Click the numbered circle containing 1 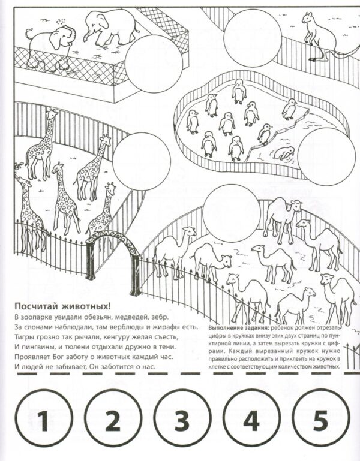(43, 419)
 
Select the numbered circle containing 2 (113, 419)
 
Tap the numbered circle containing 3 (182, 419)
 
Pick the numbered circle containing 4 (251, 419)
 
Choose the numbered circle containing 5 (320, 419)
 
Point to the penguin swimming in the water (284, 153)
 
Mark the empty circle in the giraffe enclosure (142, 161)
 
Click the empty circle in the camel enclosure (232, 213)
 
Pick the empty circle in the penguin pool (327, 156)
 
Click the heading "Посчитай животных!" (62, 306)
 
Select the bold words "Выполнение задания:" (238, 328)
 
